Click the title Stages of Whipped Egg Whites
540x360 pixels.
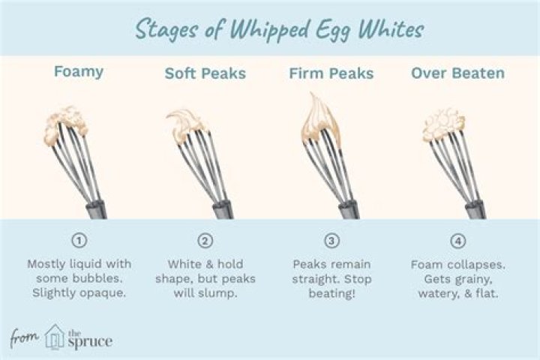pos(279,30)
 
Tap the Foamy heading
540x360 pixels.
pos(79,73)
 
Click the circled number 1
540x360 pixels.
pos(79,241)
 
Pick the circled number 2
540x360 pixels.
pos(205,241)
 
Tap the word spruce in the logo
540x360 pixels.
pos(89,341)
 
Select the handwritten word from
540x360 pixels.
pos(25,338)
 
